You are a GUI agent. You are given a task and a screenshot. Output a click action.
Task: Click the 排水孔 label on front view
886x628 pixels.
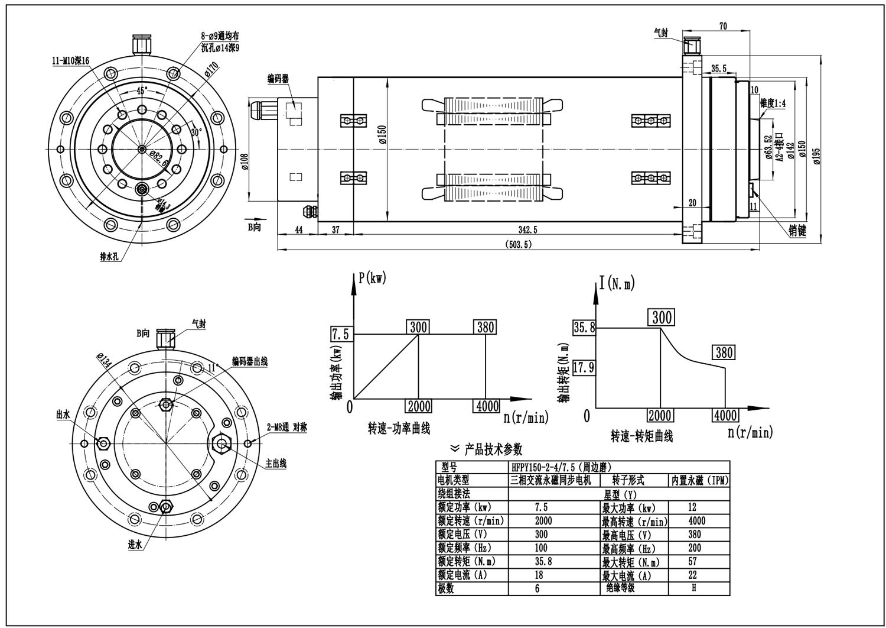(110, 258)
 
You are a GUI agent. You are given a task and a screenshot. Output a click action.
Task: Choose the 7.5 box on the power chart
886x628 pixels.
(340, 335)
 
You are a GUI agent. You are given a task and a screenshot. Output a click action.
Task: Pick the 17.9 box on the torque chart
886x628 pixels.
(583, 368)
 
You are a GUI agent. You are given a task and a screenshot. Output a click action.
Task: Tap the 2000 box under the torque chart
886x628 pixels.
(660, 415)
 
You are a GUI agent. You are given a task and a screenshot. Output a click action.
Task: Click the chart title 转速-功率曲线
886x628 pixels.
(399, 428)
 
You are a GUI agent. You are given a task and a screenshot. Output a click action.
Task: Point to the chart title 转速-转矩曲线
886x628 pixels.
(642, 437)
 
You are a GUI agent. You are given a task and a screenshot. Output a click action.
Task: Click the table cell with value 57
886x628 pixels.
(692, 561)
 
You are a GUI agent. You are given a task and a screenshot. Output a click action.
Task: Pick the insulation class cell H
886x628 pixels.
(693, 588)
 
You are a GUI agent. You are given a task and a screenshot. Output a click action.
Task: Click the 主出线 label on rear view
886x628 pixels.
(276, 464)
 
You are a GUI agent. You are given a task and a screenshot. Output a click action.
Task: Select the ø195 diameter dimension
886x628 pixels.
(817, 155)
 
